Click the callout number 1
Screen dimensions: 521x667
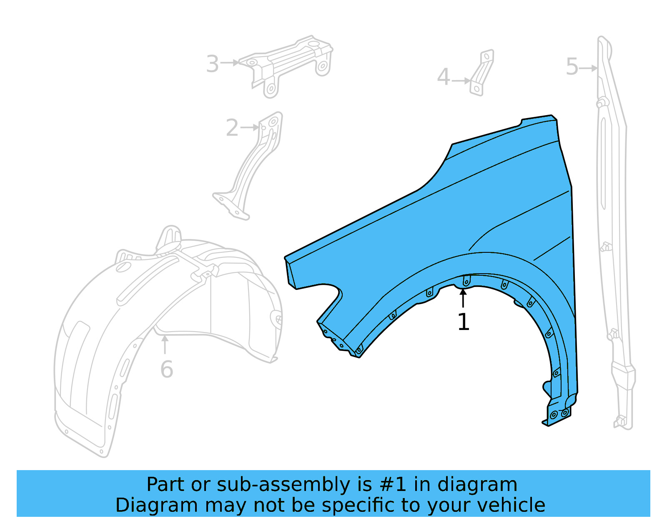tap(463, 322)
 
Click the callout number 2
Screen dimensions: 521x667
tap(232, 128)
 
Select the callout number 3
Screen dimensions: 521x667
tap(213, 64)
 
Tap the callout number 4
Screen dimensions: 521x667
tap(443, 78)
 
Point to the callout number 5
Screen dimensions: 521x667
tap(572, 67)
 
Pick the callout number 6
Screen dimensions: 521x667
tap(166, 370)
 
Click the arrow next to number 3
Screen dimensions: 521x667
tap(230, 63)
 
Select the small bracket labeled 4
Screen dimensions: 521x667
tap(482, 73)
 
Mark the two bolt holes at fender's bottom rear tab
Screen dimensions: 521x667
tap(559, 414)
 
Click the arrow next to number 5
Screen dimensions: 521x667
tap(589, 68)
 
